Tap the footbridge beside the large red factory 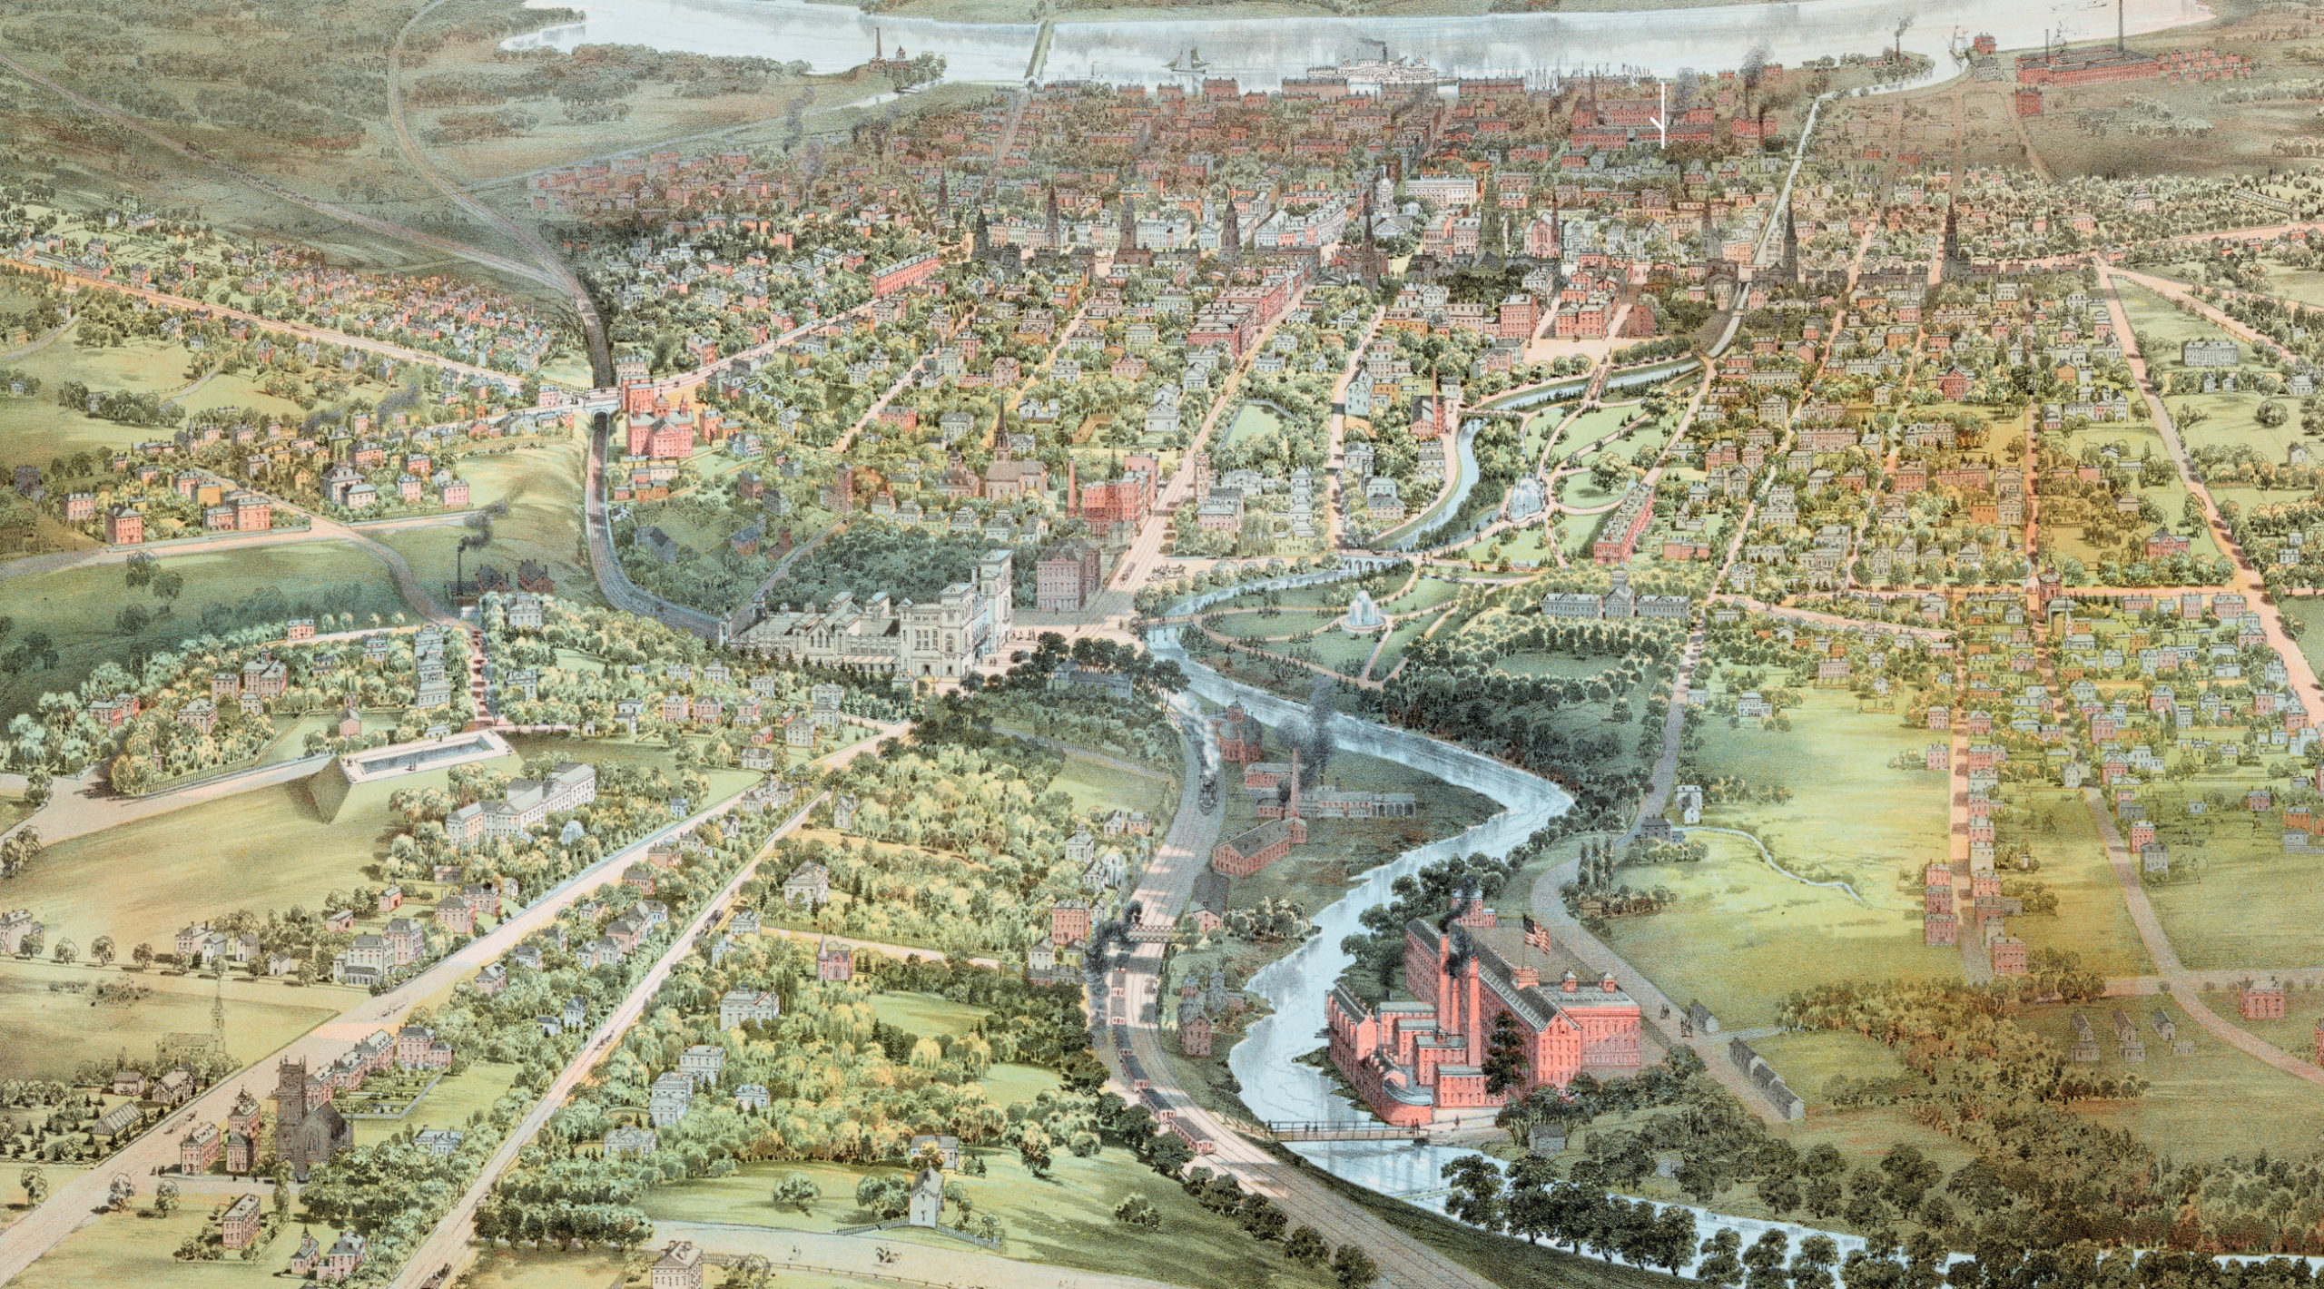tap(1344, 1131)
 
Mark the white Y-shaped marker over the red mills tap(1661, 118)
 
